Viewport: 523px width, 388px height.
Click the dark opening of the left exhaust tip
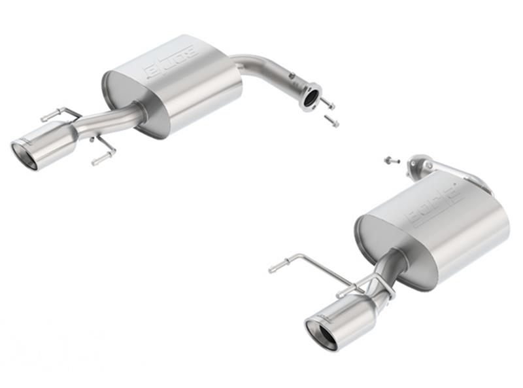point(25,155)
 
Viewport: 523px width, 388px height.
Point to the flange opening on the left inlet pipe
point(312,97)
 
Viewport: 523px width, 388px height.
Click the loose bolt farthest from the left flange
point(332,121)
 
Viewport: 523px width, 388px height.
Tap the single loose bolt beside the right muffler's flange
point(390,160)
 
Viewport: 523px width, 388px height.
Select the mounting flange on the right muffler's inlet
point(418,164)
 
